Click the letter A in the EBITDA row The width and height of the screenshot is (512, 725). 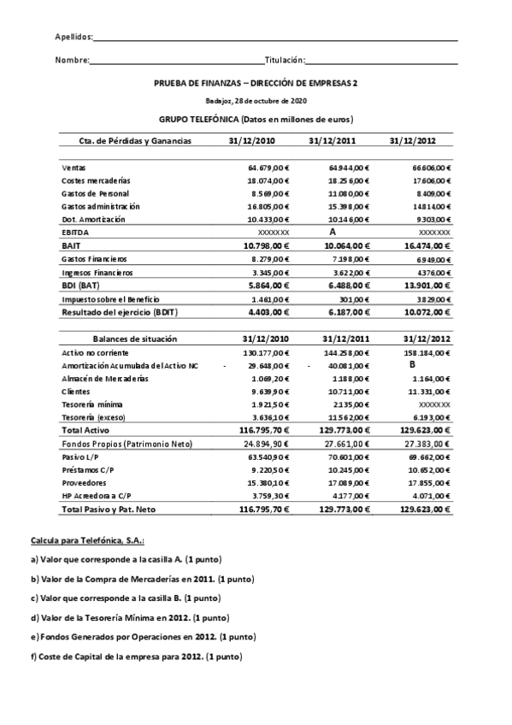coord(332,232)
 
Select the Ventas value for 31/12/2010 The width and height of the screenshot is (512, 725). coord(269,168)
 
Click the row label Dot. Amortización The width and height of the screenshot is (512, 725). coord(93,219)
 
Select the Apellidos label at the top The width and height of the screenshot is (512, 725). coord(73,38)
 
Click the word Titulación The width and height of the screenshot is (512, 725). coord(285,60)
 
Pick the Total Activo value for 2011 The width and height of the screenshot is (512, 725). coord(345,431)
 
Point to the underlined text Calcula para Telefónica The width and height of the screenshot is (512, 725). coord(87,541)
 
